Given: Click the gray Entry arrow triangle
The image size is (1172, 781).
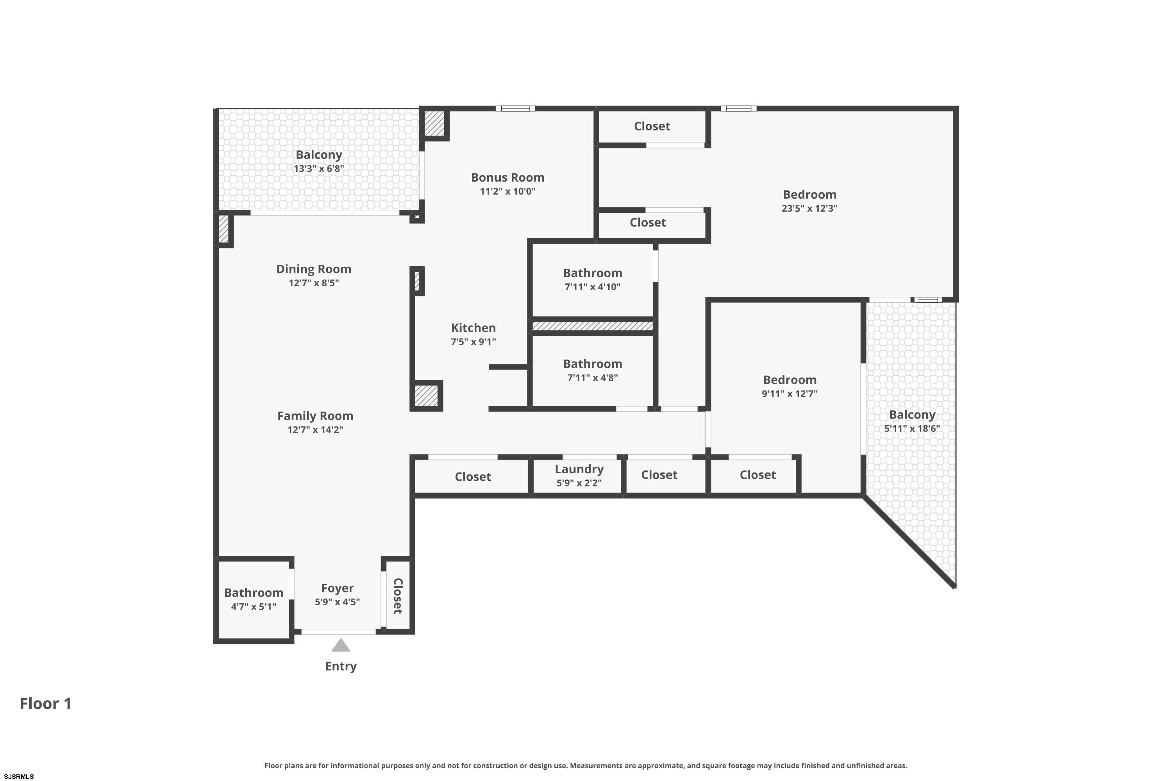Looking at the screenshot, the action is tap(341, 645).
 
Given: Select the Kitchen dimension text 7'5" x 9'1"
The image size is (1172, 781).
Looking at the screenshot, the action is tap(473, 342).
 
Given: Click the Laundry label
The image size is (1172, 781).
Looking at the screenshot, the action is tap(579, 469).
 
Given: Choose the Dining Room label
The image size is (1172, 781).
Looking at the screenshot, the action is tap(314, 269).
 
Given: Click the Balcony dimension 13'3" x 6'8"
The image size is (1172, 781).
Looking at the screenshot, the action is tap(319, 169).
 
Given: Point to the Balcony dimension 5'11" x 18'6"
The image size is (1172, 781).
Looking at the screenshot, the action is tap(912, 428).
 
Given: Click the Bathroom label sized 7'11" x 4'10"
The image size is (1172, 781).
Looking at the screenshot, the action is tap(593, 273).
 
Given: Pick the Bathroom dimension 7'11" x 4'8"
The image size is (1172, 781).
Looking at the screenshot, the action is tap(593, 378).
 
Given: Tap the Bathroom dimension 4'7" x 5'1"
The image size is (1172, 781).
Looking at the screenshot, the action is tap(254, 607).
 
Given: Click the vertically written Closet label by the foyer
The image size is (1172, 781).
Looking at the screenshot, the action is tap(398, 596).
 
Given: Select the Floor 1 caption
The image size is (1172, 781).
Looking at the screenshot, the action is tap(46, 703).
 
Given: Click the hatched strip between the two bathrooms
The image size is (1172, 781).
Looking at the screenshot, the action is tap(593, 326).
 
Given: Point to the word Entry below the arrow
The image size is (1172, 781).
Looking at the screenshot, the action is tap(341, 667).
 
